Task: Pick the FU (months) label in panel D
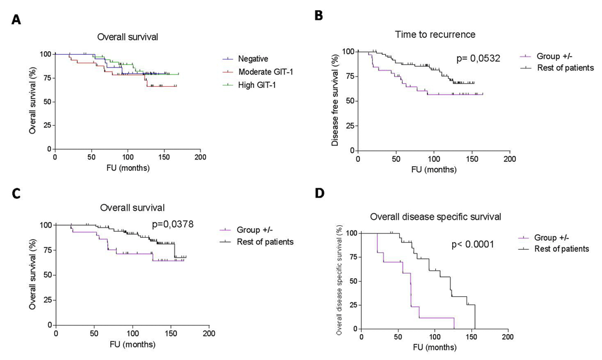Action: (434, 347)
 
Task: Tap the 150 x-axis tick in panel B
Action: (471, 160)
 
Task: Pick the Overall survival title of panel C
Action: (132, 208)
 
